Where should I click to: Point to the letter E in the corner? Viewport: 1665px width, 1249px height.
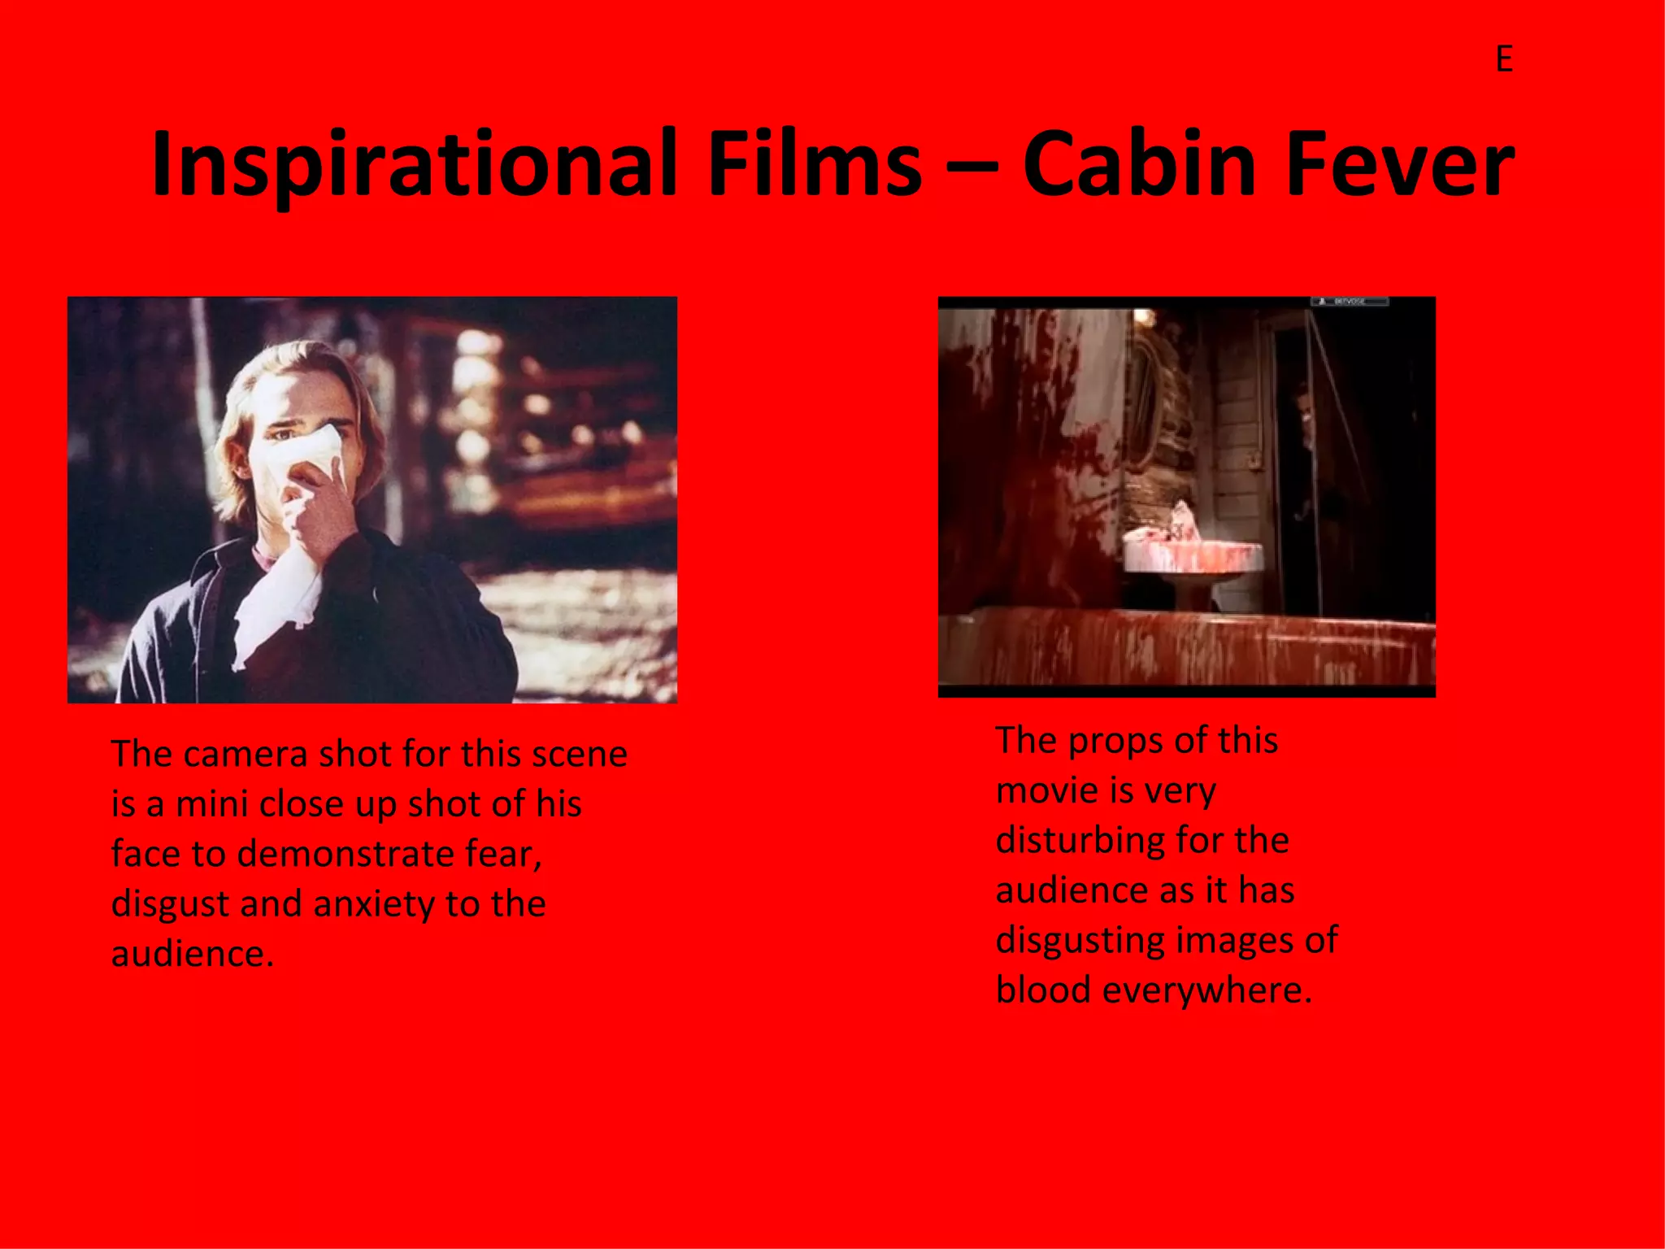pos(1504,59)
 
